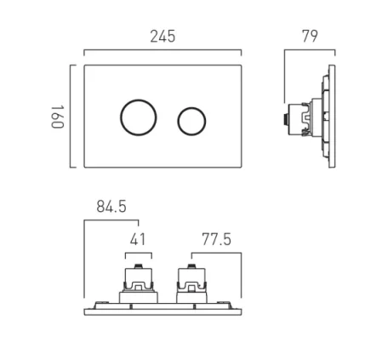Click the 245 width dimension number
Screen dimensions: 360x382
[x=163, y=37]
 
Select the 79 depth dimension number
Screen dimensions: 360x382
[x=309, y=37]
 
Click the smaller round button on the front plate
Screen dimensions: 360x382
[x=191, y=120]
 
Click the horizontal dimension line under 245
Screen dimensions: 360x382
[x=164, y=53]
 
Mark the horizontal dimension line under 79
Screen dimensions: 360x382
[x=309, y=53]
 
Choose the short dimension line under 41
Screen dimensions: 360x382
[x=138, y=254]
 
